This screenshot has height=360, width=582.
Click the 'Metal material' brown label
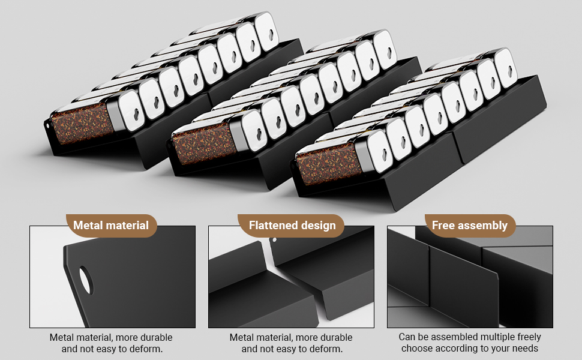click(110, 226)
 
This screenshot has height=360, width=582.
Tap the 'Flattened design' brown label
click(292, 226)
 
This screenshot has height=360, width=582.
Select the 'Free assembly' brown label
click(470, 226)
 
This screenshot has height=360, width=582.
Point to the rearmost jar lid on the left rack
click(267, 31)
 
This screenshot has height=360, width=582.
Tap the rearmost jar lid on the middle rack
click(384, 49)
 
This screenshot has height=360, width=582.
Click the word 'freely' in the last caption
click(528, 337)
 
